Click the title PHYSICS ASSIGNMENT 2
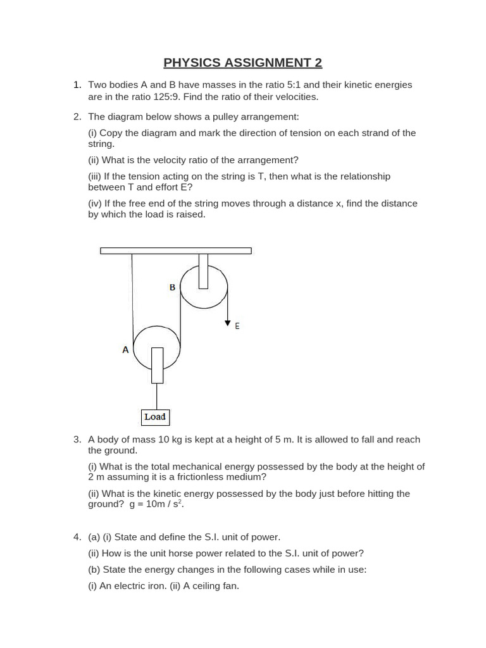point(243,63)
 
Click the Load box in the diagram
point(154,417)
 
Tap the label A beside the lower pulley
point(125,349)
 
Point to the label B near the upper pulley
point(172,287)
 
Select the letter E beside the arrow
point(237,326)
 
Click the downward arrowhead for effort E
point(227,323)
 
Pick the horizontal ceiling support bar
point(176,251)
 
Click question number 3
point(77,439)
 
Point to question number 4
point(77,537)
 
